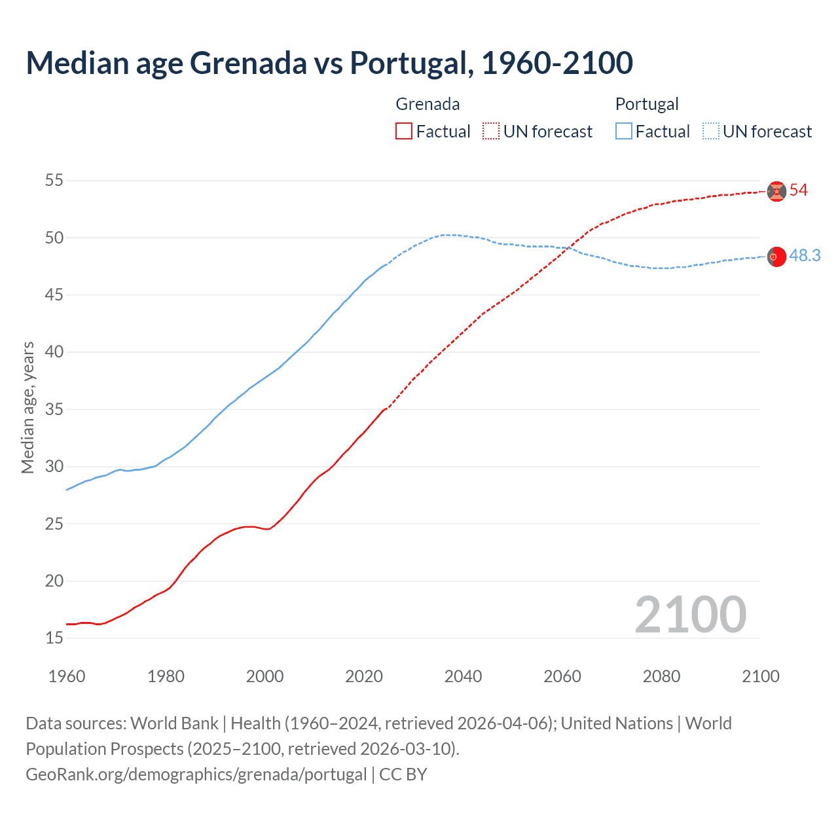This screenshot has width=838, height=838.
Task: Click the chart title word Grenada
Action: click(x=248, y=63)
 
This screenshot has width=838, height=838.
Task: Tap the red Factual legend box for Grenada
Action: click(x=404, y=132)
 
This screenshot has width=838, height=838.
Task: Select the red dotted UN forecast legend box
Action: click(x=491, y=132)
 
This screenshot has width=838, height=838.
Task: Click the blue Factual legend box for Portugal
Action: click(x=624, y=132)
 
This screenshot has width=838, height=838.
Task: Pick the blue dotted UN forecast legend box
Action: click(x=710, y=132)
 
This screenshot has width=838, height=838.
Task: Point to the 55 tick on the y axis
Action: click(x=54, y=180)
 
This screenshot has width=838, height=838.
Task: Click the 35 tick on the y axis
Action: click(x=54, y=409)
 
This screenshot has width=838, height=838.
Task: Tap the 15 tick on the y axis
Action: click(x=54, y=638)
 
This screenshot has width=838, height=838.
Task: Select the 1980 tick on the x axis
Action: click(x=166, y=676)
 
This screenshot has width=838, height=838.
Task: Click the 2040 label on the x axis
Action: click(x=463, y=676)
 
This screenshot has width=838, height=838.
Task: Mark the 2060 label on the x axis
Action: click(x=562, y=676)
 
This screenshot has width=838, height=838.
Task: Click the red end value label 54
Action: click(x=798, y=191)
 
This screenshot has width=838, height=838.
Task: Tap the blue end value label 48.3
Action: click(x=805, y=256)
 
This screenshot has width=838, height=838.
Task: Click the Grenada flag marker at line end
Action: click(x=776, y=191)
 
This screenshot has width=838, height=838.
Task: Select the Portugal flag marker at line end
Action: click(x=776, y=257)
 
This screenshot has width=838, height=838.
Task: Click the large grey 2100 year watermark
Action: click(x=690, y=615)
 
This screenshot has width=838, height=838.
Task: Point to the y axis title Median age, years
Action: click(x=28, y=407)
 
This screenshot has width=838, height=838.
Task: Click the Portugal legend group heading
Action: click(x=647, y=104)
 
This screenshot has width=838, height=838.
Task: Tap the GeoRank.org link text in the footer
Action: click(x=196, y=774)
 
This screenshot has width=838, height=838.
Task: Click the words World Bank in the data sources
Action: click(x=174, y=723)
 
